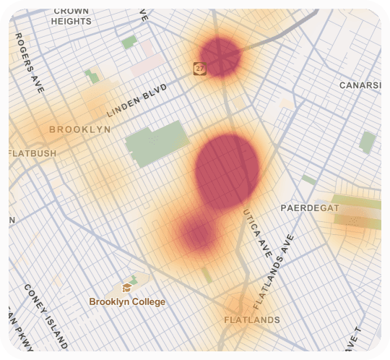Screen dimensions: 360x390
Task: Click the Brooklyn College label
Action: [x=127, y=301]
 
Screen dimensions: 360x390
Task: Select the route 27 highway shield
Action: [x=199, y=68]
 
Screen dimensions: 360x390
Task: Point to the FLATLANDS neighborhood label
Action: [x=251, y=320]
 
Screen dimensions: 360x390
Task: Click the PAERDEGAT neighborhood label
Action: [x=309, y=208]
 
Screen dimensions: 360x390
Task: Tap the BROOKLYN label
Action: [x=79, y=129]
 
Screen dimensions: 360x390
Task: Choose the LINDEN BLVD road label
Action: [x=136, y=100]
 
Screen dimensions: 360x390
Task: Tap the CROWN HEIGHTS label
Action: [x=71, y=17]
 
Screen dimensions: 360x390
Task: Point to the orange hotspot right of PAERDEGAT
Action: [x=354, y=215]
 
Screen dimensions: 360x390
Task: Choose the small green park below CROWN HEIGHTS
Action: [x=129, y=42]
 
